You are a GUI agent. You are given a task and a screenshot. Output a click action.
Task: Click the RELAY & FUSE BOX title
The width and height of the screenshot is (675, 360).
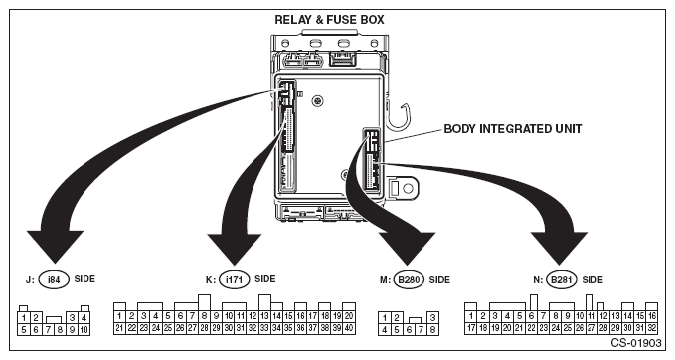(x=329, y=20)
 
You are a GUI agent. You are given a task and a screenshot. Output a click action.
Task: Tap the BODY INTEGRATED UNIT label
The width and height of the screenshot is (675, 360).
(x=513, y=129)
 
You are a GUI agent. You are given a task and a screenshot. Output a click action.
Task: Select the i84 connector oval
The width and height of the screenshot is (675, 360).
(x=54, y=280)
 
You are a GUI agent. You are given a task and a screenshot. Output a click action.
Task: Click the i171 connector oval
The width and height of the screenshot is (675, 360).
(x=235, y=280)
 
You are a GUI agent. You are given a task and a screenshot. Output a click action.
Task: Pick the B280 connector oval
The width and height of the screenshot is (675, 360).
(x=409, y=280)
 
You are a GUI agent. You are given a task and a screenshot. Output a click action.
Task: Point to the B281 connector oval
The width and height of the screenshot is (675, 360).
(x=562, y=280)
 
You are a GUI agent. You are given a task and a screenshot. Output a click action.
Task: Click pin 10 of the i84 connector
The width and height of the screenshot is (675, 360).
(x=84, y=330)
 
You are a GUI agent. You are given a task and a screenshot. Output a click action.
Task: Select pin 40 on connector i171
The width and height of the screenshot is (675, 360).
(x=349, y=328)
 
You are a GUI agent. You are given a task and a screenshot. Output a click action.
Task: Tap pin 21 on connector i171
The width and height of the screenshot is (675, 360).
(x=119, y=328)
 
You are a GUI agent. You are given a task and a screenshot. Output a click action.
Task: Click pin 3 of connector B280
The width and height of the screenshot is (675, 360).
(x=432, y=318)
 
